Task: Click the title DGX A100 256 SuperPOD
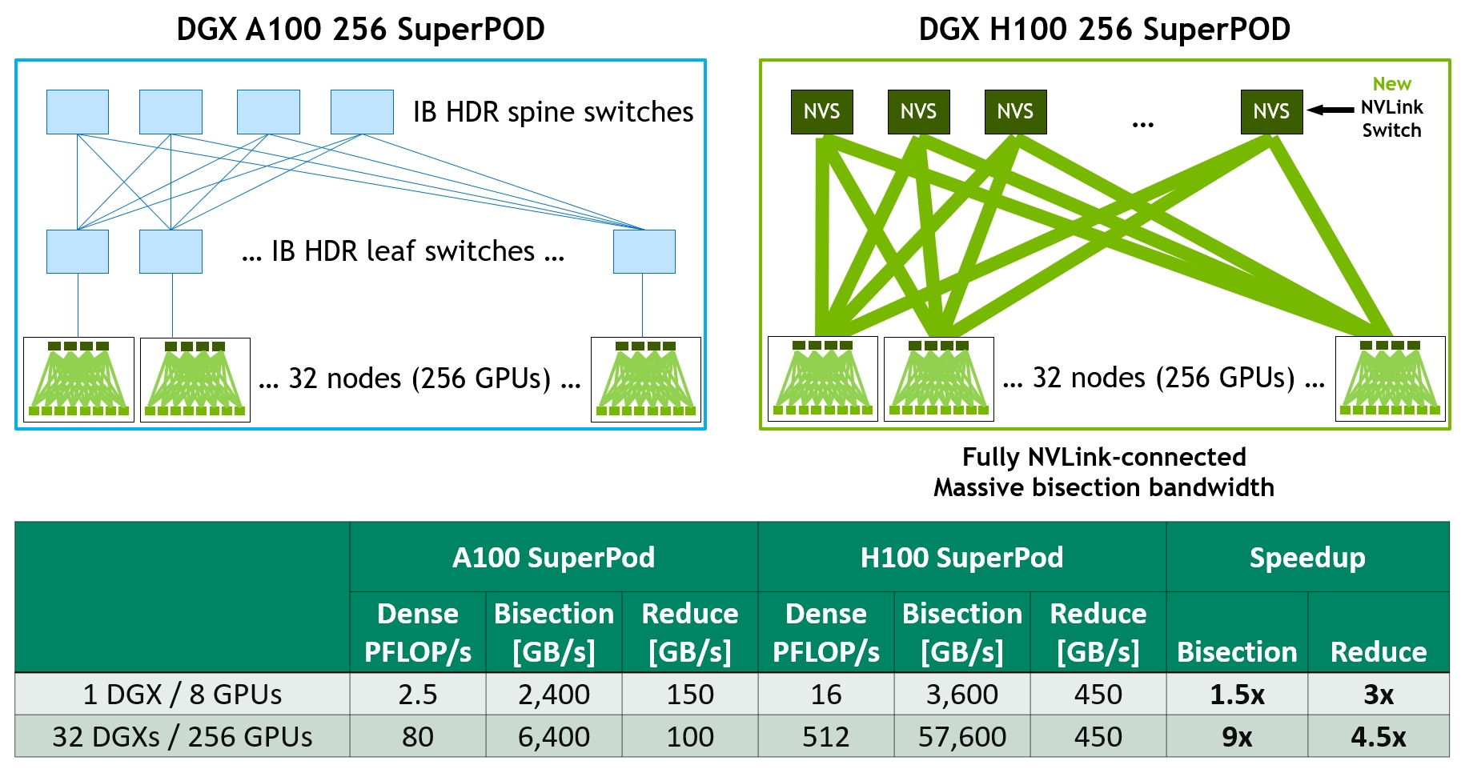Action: click(x=360, y=30)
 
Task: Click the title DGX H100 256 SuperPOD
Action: click(x=1104, y=30)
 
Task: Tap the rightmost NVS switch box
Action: click(x=1271, y=112)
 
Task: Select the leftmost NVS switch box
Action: click(x=821, y=112)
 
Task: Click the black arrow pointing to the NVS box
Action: click(x=1331, y=110)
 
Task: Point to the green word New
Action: click(x=1391, y=84)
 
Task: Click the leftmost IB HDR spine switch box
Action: click(x=78, y=112)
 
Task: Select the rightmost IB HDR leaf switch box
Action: click(x=644, y=251)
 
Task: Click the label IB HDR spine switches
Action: click(x=553, y=112)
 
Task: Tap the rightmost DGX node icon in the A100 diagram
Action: click(x=645, y=379)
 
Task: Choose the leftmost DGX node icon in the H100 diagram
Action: click(x=822, y=378)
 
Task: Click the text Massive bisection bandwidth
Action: click(x=1104, y=487)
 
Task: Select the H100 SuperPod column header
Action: click(x=961, y=558)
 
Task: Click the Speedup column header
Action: click(x=1307, y=558)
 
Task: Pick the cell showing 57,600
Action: click(x=961, y=736)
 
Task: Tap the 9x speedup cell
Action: click(x=1237, y=736)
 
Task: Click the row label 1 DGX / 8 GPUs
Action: click(x=183, y=694)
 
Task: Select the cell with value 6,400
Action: click(x=553, y=736)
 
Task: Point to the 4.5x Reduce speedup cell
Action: click(x=1378, y=736)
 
